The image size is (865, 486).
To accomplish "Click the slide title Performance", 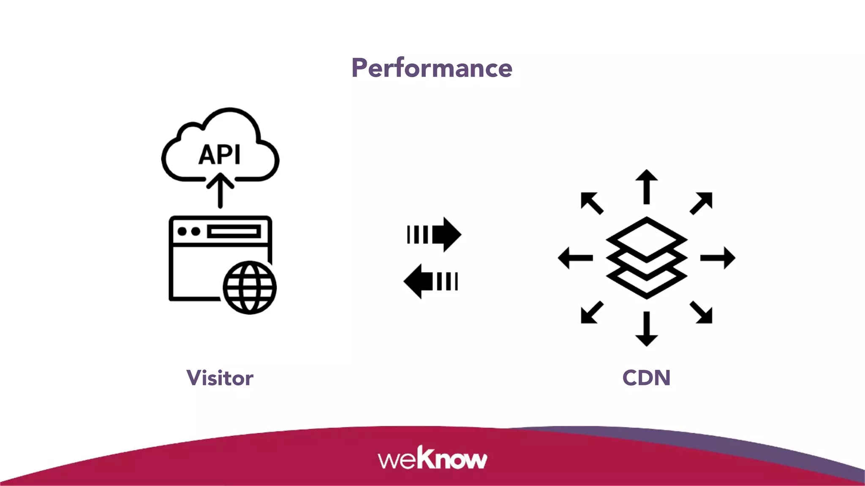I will coord(432,68).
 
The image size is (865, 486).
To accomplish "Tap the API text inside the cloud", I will coord(220,155).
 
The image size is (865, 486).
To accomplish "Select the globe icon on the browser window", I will coord(250,287).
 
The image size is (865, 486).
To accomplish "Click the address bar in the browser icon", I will coord(234,232).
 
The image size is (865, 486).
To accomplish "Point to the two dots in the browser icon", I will coord(189,232).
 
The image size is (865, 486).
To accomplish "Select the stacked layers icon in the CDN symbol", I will coord(646,258).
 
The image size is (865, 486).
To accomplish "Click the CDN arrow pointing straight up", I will coord(646,186).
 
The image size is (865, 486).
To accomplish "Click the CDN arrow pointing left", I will coord(575,258).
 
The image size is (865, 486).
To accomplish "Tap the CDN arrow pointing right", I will coord(718,258).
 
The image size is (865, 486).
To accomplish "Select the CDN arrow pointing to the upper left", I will coord(592,203).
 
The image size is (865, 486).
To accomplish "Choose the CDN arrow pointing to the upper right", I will coord(702,203).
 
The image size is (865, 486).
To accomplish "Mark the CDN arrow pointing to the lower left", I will coord(591,313).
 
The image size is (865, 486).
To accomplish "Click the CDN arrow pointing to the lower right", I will coord(702,313).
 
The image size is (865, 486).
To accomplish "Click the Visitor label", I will coord(220,378).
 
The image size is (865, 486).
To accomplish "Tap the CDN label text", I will coord(646,378).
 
